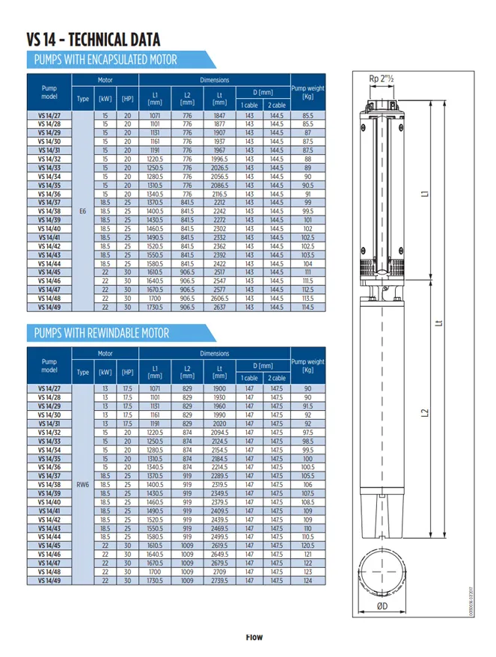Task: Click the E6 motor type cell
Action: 83,211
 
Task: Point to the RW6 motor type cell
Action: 83,484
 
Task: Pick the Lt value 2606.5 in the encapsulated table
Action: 219,297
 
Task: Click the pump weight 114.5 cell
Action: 307,307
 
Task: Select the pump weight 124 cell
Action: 307,580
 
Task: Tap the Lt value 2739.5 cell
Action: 219,580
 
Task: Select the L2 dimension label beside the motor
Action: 425,412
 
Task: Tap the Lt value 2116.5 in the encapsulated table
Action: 219,192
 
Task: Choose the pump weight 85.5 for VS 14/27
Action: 307,116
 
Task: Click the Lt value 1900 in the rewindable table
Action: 219,389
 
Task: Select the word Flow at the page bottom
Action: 257,637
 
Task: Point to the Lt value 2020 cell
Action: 219,423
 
